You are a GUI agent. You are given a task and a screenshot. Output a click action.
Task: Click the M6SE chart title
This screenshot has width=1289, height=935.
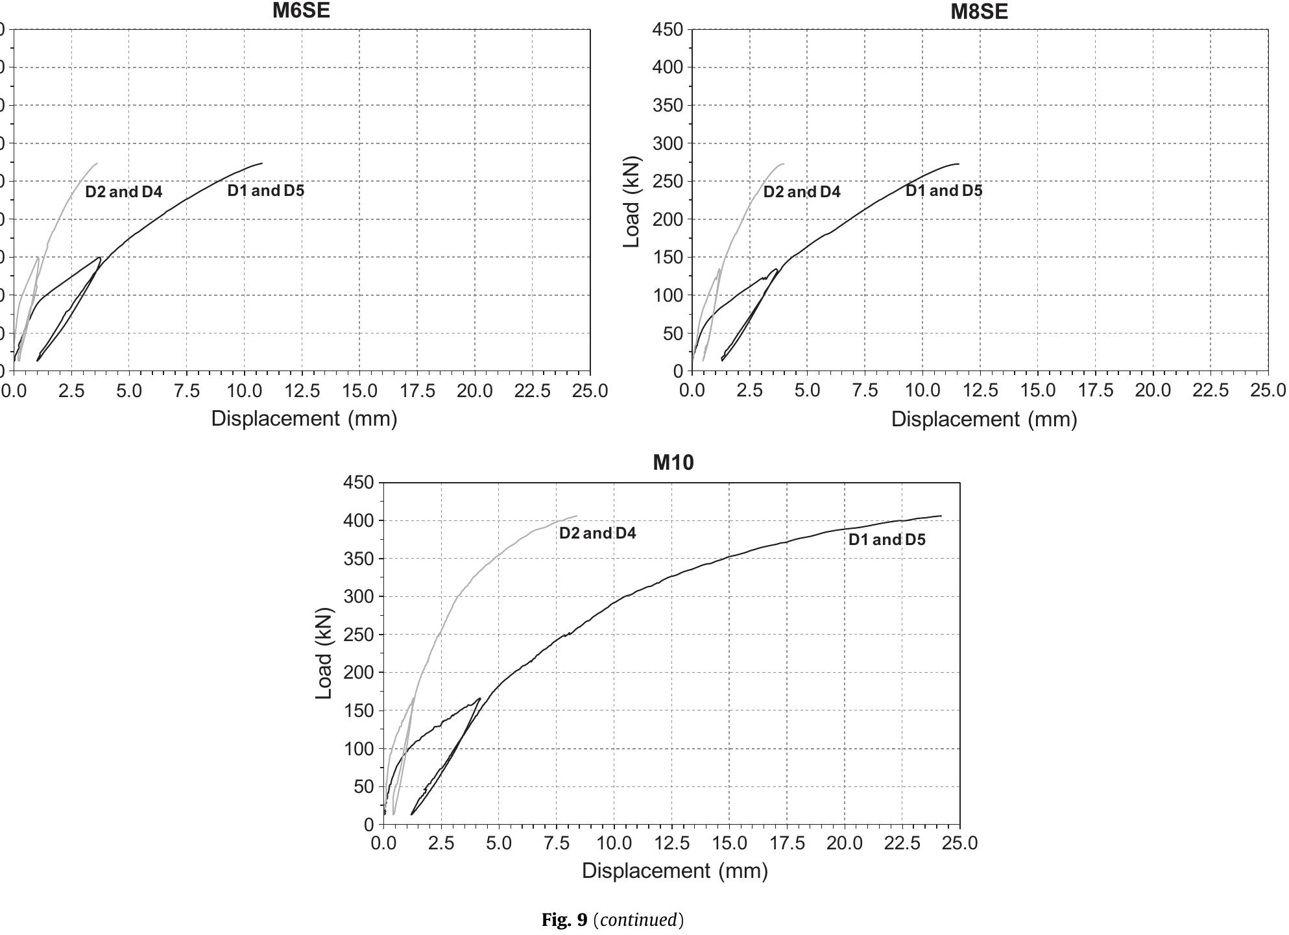301,11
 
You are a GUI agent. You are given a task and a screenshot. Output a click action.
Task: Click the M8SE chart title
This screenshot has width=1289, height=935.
979,12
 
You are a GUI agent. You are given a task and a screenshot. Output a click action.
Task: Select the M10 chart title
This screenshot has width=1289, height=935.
673,463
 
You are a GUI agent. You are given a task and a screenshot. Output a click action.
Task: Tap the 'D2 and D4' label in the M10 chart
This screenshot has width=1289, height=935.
597,533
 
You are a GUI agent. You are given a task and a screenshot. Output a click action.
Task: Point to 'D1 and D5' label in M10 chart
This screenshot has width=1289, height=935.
887,540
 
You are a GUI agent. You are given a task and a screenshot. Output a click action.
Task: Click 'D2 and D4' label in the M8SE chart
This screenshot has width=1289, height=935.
802,192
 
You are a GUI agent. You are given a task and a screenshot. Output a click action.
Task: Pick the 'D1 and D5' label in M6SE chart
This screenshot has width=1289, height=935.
265,191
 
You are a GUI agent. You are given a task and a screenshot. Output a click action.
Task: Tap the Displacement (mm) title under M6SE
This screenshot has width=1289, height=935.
304,419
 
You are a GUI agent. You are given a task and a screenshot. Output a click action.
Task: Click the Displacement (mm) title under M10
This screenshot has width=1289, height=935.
675,871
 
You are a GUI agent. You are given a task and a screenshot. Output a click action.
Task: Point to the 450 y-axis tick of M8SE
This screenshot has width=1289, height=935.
668,30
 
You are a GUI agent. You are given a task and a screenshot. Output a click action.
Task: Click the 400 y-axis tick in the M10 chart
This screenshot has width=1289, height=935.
359,521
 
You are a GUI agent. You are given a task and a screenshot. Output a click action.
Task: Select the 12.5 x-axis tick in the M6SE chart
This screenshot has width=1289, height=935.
302,391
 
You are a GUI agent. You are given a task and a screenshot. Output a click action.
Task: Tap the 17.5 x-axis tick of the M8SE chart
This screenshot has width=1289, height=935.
1095,391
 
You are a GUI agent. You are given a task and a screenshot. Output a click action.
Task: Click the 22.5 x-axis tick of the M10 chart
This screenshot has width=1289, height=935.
902,843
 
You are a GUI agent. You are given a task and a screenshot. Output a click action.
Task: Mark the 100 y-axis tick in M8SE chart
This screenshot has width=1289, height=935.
668,296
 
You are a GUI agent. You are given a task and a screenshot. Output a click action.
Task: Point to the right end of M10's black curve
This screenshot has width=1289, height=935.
941,516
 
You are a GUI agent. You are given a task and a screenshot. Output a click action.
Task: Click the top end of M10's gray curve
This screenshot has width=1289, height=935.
576,516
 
